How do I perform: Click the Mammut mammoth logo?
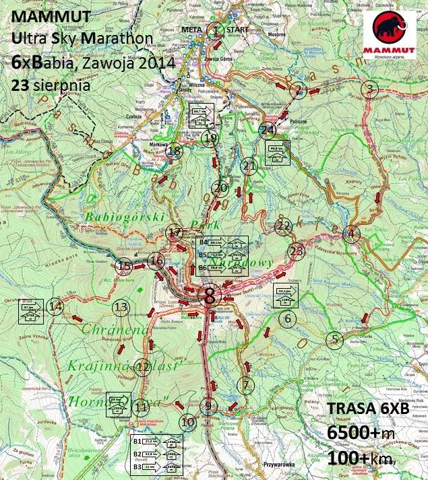coord(390,35)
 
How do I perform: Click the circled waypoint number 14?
coord(56,307)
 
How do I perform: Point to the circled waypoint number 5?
coord(335,340)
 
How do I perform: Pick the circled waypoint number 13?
coord(121,308)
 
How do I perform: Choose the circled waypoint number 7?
coord(246,385)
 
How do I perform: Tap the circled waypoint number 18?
coord(175,151)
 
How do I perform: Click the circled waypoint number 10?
coord(188,422)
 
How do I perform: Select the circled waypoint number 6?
coord(288,318)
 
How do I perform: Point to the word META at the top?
coord(194,30)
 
